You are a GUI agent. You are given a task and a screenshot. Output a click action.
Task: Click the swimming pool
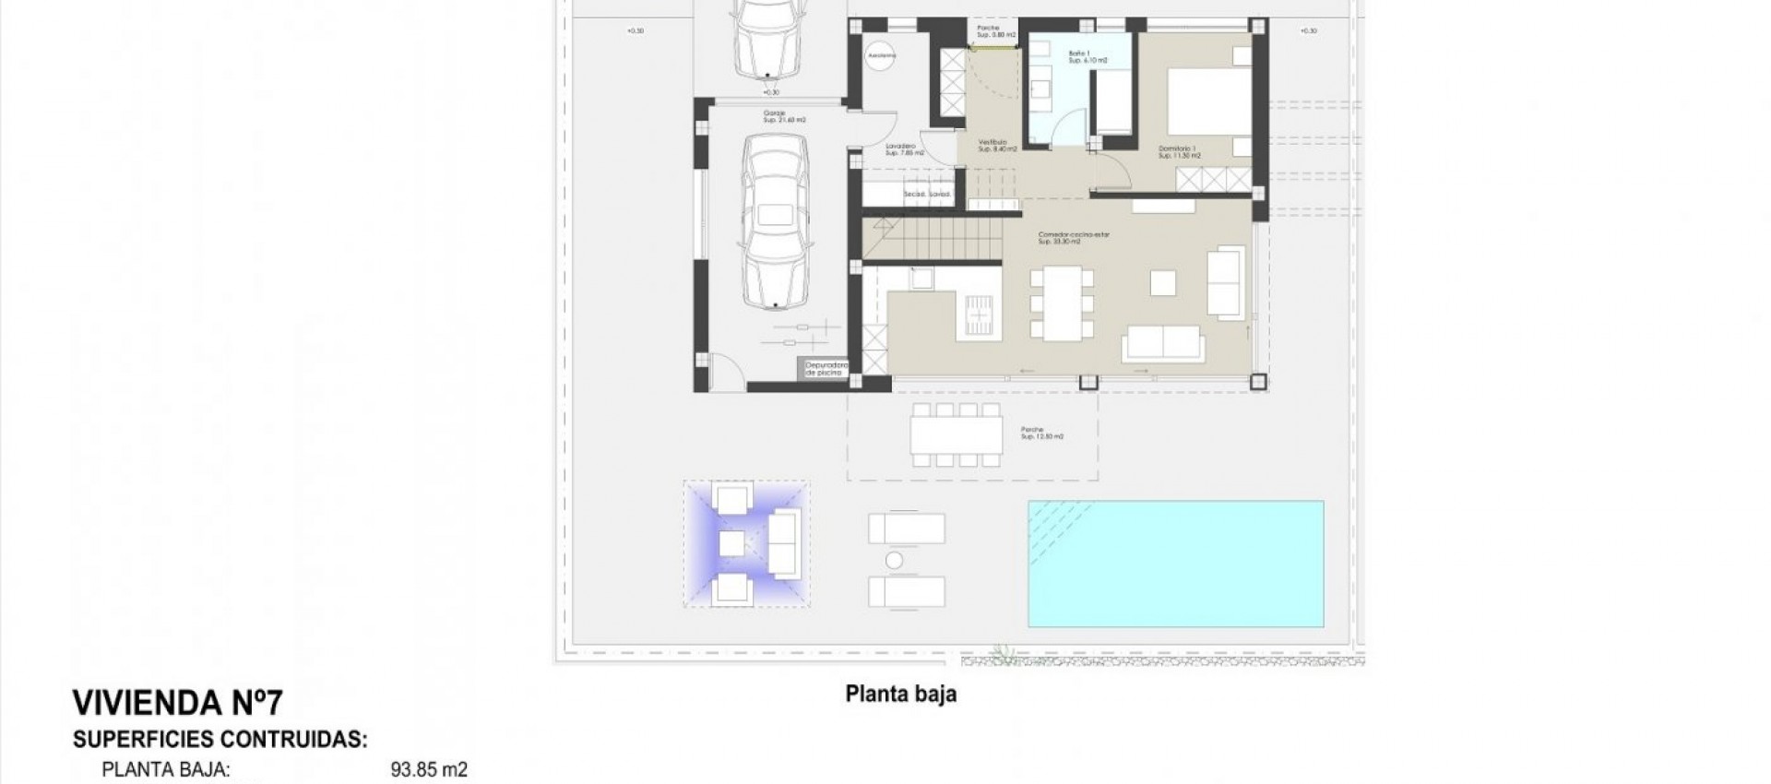[x=1176, y=564]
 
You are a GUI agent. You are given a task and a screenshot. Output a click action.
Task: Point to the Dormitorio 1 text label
[x=1177, y=152]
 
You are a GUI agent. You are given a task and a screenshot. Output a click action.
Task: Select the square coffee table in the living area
[x=1163, y=282]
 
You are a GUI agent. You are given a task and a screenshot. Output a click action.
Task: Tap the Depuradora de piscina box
[x=826, y=369]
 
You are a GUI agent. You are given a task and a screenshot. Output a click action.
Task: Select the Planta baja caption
[x=900, y=695]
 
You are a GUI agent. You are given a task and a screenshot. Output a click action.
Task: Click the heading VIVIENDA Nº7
[x=176, y=705]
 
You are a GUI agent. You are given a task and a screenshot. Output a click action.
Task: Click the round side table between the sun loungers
[x=893, y=560]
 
